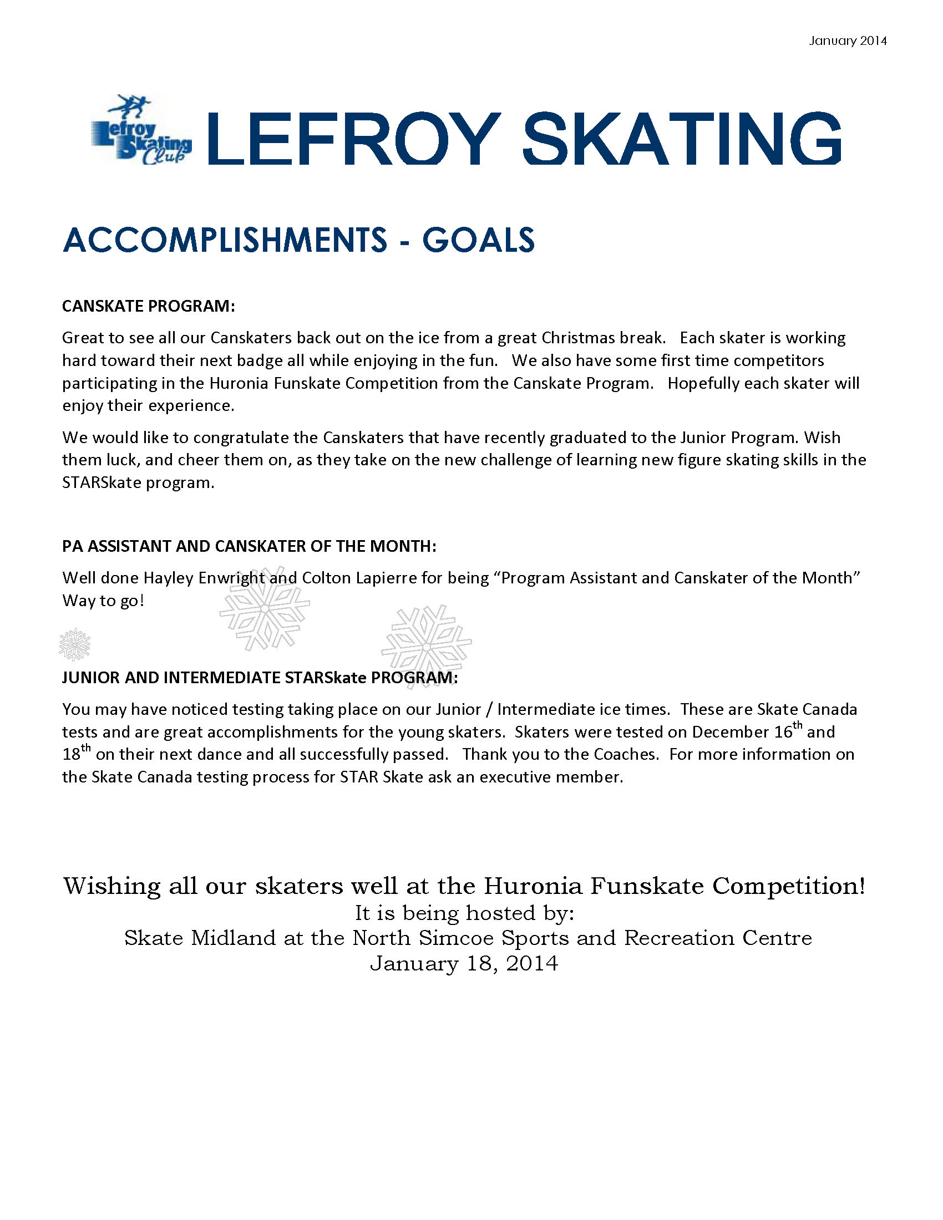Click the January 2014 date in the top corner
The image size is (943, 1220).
[x=848, y=41]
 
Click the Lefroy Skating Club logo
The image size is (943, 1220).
[x=141, y=131]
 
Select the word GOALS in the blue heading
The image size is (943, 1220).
[x=478, y=240]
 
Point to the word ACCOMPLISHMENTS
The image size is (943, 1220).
[x=225, y=240]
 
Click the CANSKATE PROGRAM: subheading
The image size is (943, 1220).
[x=149, y=306]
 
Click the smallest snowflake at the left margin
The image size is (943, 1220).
[x=74, y=644]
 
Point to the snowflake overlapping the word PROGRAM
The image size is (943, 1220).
[x=426, y=646]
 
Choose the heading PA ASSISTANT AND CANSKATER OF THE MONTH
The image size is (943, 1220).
[x=249, y=546]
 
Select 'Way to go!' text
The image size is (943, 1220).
[x=103, y=601]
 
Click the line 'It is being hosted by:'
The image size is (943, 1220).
[x=465, y=913]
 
